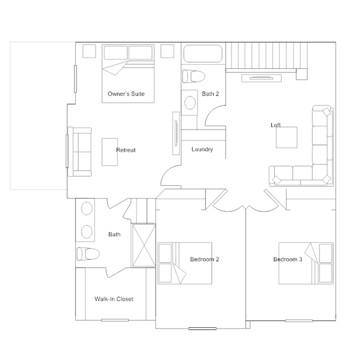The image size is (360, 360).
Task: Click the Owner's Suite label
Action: [x=126, y=94]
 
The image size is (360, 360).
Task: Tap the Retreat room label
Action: [x=126, y=150]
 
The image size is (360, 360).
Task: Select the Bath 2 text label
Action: [x=210, y=94]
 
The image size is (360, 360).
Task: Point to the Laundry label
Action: [x=202, y=149]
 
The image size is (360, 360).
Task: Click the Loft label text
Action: [x=275, y=125]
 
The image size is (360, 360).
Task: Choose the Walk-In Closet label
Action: [x=114, y=299]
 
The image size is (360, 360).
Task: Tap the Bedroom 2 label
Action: [x=205, y=259]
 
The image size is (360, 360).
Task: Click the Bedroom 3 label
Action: [x=288, y=259]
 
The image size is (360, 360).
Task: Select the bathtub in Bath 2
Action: [x=203, y=54]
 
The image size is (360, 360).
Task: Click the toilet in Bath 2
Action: [x=194, y=77]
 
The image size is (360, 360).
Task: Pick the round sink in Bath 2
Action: [x=190, y=103]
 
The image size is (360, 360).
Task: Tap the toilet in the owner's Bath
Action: [x=88, y=254]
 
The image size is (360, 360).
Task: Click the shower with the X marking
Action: [x=144, y=246]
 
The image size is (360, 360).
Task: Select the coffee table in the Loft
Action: [x=287, y=137]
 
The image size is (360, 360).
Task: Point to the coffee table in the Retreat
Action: [x=110, y=152]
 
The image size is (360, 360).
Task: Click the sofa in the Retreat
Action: [x=79, y=152]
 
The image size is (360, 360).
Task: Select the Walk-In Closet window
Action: [x=115, y=320]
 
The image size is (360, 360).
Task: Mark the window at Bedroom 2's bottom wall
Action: [x=202, y=328]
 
